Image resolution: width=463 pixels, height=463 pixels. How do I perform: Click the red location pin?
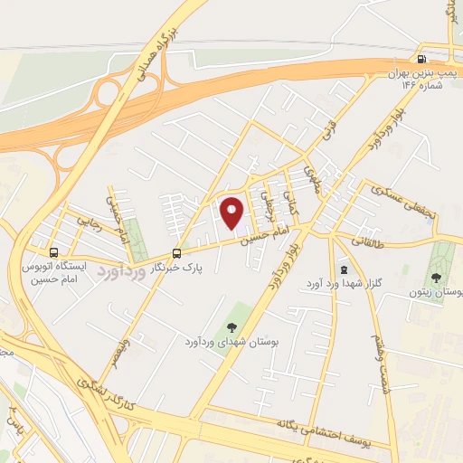coord(232,213)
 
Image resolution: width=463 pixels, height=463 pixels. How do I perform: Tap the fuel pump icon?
coord(422,52)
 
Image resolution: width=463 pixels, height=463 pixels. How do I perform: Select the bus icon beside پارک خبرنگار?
coord(176,254)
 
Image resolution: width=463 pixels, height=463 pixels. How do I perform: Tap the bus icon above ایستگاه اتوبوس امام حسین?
coord(54,252)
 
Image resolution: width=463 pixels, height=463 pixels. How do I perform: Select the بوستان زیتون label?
coord(438,294)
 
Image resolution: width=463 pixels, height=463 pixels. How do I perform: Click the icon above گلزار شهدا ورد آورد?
coord(343,269)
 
